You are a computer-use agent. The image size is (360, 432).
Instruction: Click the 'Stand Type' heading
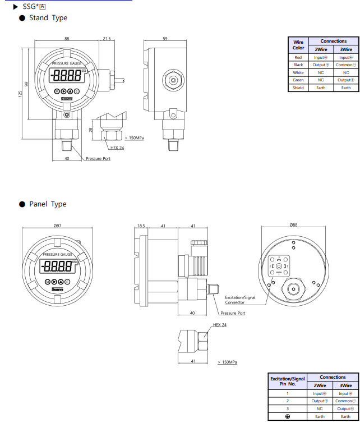point(48,18)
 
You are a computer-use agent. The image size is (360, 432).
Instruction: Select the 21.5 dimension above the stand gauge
point(107,39)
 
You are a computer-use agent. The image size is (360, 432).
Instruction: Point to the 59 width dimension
point(165,39)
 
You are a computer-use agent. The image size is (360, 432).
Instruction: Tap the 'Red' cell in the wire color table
point(298,57)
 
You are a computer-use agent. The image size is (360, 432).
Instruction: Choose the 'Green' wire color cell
point(298,80)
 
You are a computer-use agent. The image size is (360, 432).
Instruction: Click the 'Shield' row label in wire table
point(298,88)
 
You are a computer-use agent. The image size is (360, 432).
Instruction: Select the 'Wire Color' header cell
point(298,44)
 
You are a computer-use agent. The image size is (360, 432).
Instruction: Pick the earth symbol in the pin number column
point(287,416)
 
